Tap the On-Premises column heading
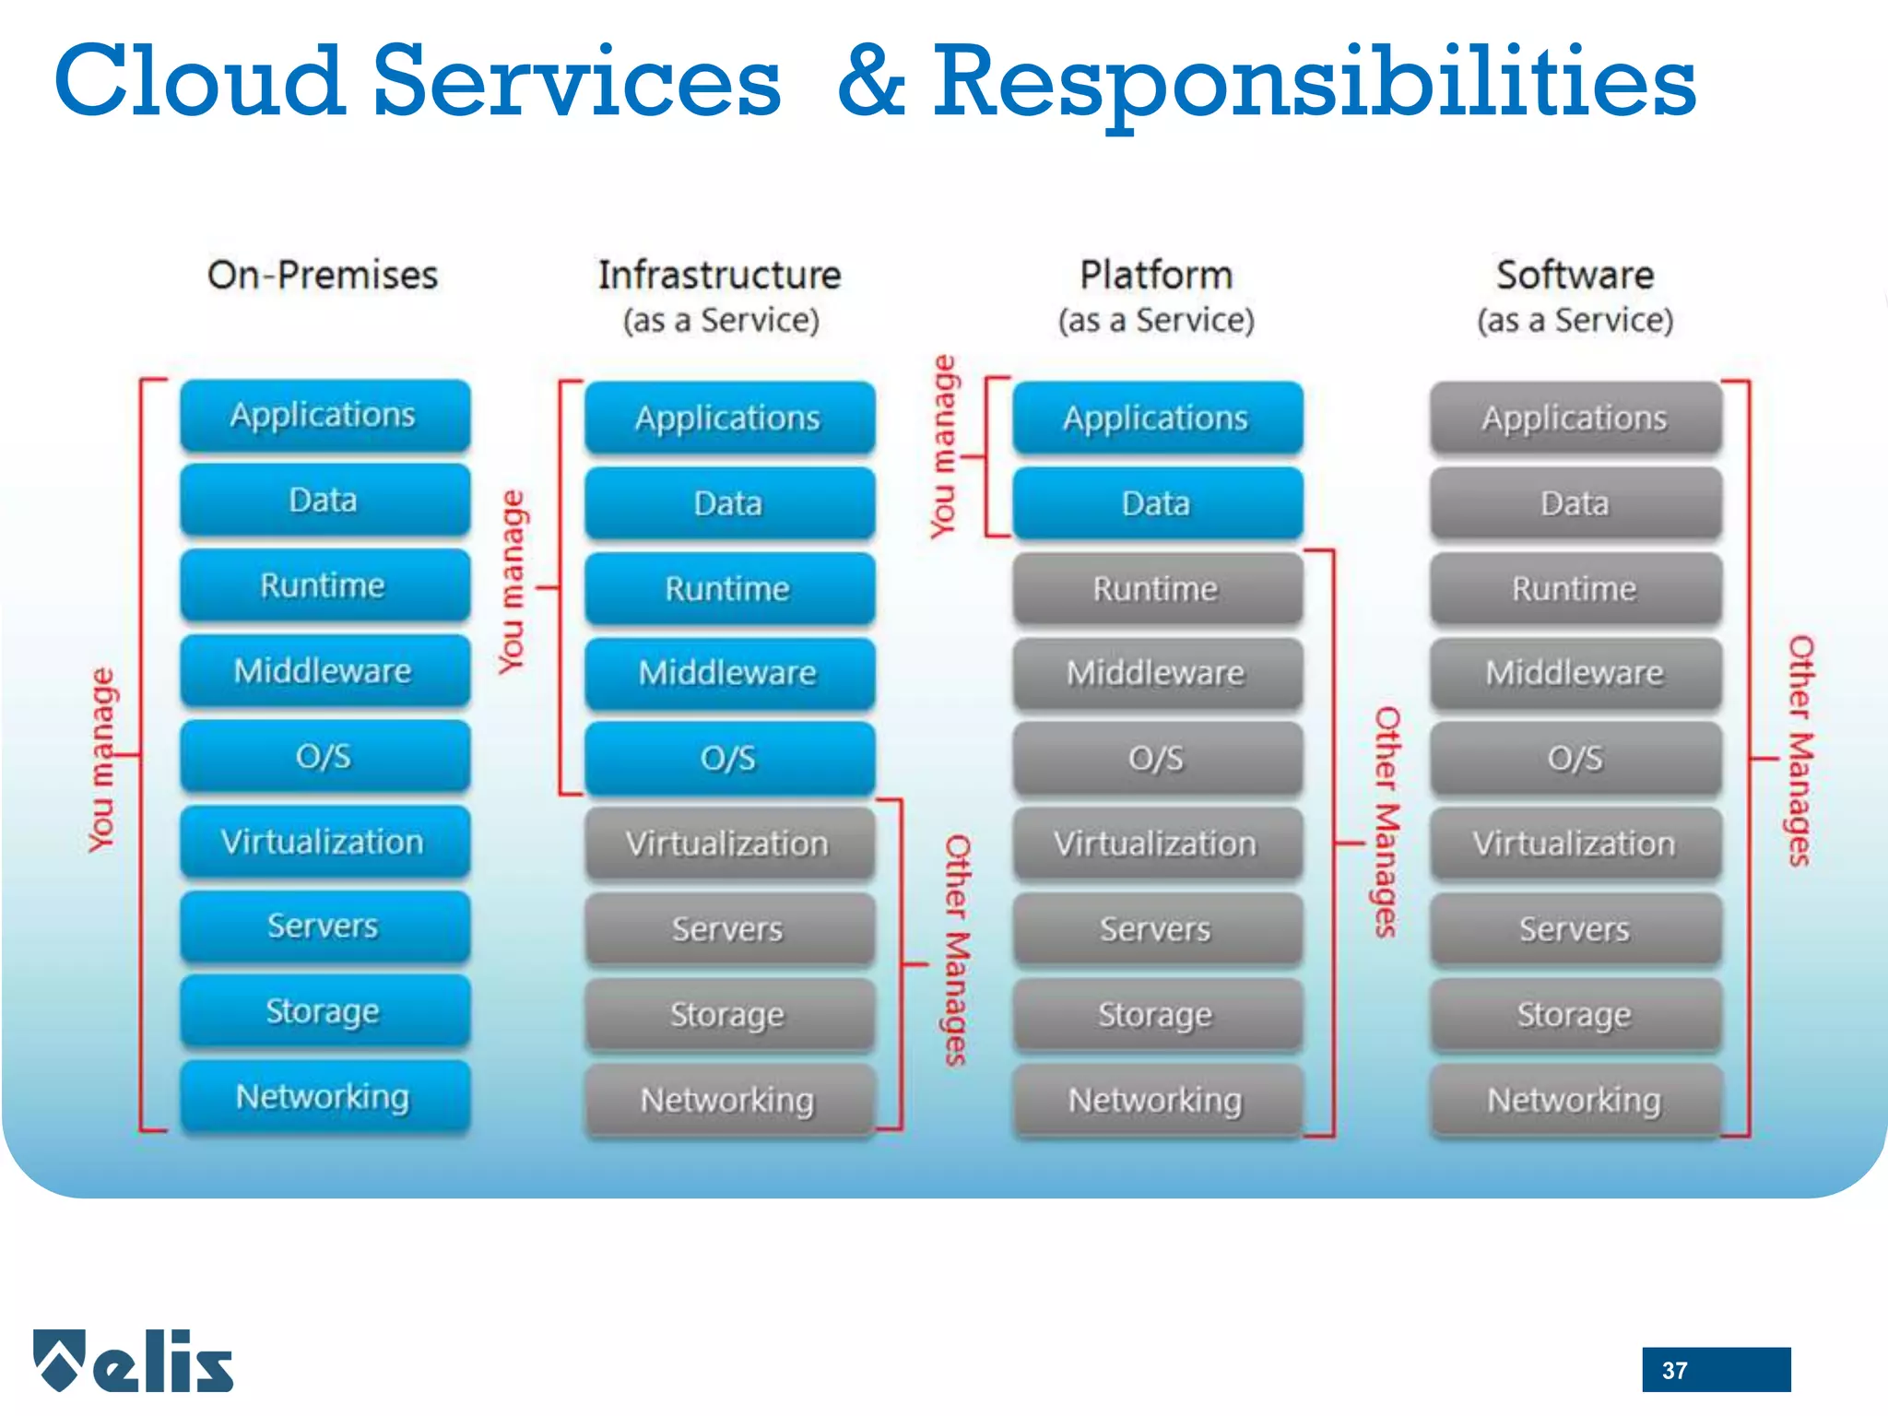pyautogui.click(x=323, y=275)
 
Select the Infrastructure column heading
pyautogui.click(x=719, y=275)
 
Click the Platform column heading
pyautogui.click(x=1156, y=275)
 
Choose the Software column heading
pyautogui.click(x=1575, y=275)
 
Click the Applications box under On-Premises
pyautogui.click(x=324, y=416)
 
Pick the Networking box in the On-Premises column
pyautogui.click(x=324, y=1097)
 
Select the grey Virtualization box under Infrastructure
pyautogui.click(x=728, y=844)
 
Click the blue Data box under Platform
pyautogui.click(x=1157, y=503)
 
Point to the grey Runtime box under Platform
pyautogui.click(x=1157, y=588)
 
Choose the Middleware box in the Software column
pyautogui.click(x=1575, y=673)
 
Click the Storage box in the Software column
pyautogui.click(x=1575, y=1014)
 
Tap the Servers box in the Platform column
pyautogui.click(x=1157, y=929)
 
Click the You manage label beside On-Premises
pyautogui.click(x=101, y=760)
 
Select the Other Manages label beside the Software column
pyautogui.click(x=1799, y=750)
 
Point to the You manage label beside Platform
pyautogui.click(x=942, y=446)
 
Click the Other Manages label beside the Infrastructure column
pyautogui.click(x=957, y=950)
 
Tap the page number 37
pyautogui.click(x=1674, y=1370)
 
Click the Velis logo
pyautogui.click(x=134, y=1361)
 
